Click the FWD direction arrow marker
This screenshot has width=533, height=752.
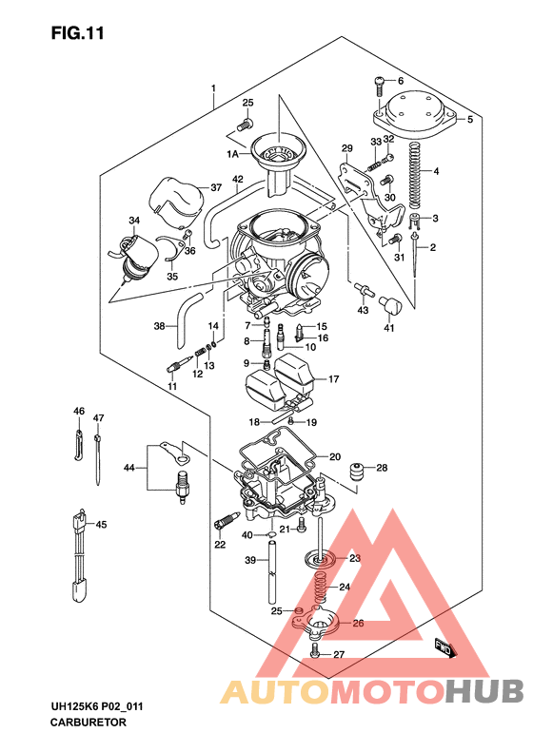coord(444,647)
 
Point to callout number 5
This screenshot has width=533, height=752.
coord(468,120)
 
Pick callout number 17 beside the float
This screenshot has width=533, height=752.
coord(334,379)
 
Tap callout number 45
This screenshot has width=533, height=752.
coord(102,525)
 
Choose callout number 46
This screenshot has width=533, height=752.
coord(80,412)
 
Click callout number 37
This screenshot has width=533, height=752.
coord(216,187)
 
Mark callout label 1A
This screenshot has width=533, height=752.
coord(232,152)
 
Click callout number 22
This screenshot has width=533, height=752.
coord(220,546)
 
